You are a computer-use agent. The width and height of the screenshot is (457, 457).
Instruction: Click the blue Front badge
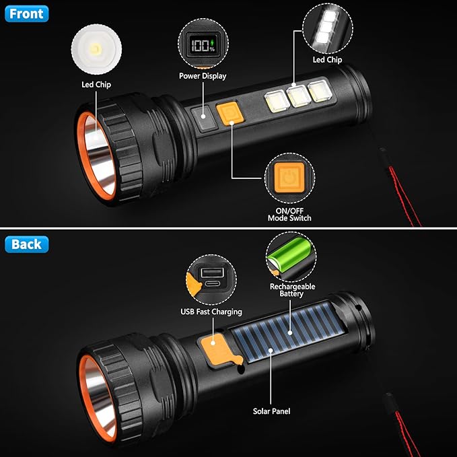(26, 13)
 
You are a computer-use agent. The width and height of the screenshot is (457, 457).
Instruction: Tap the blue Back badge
(26, 244)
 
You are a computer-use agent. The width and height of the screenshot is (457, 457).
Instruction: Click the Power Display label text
(202, 76)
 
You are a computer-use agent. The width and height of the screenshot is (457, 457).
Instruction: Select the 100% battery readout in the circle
(201, 46)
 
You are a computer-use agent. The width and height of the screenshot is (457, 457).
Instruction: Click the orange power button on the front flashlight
(228, 112)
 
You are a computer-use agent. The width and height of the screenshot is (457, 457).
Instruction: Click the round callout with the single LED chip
(96, 50)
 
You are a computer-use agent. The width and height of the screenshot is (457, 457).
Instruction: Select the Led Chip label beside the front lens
(96, 84)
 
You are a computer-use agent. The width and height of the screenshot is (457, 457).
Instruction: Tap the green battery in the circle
(290, 258)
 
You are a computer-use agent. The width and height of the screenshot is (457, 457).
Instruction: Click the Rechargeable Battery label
(291, 290)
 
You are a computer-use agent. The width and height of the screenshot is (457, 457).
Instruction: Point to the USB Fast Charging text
(211, 312)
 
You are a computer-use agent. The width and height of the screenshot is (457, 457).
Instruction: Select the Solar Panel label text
(271, 411)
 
